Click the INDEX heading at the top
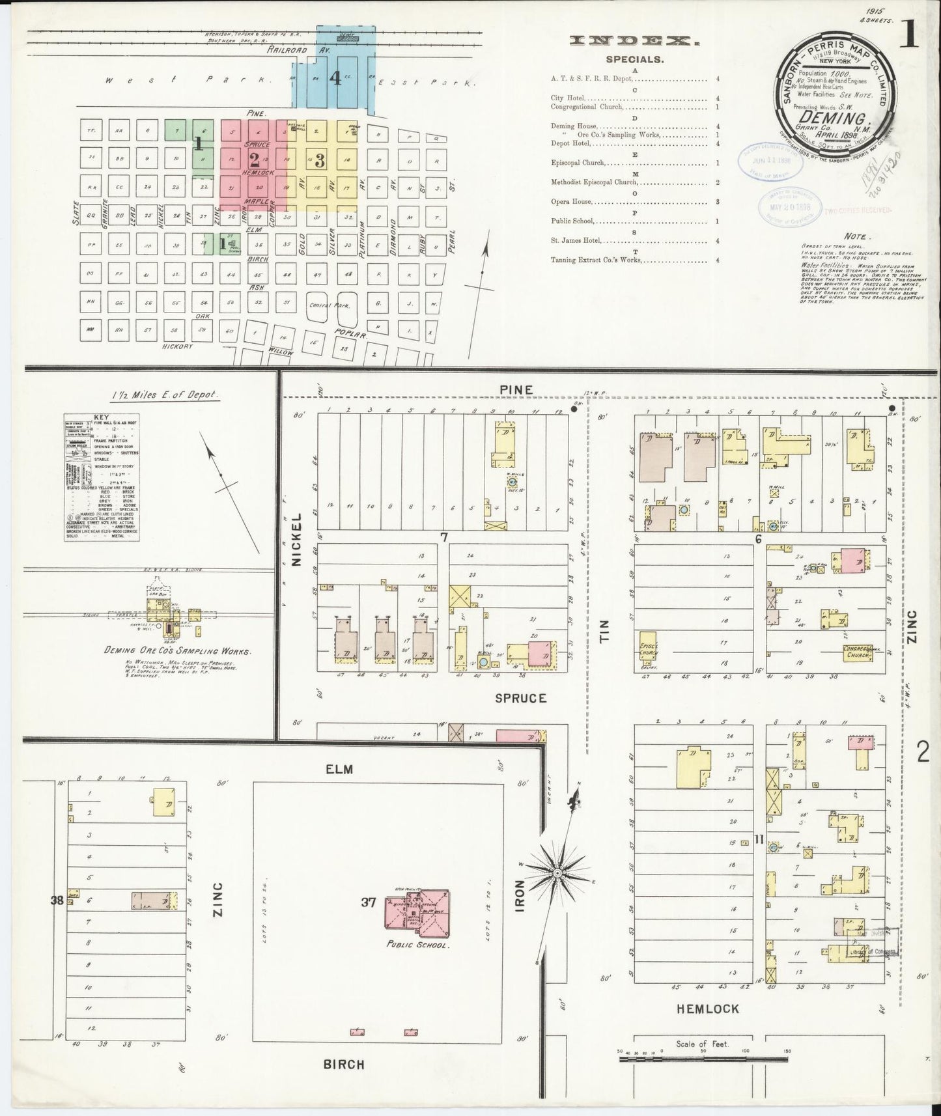pyautogui.click(x=634, y=40)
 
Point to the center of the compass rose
pyautogui.click(x=558, y=871)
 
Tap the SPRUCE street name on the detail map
pyautogui.click(x=520, y=697)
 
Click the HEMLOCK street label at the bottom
pyautogui.click(x=708, y=1009)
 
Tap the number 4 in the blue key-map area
pyautogui.click(x=335, y=79)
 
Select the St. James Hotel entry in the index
pyautogui.click(x=576, y=241)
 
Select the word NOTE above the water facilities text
pyautogui.click(x=854, y=236)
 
